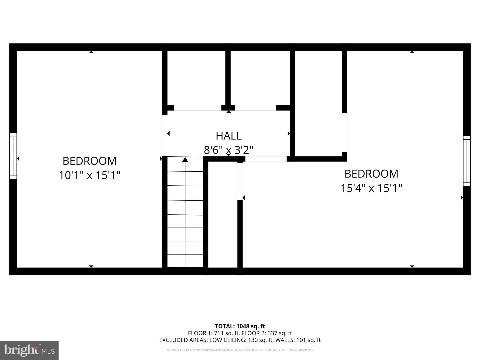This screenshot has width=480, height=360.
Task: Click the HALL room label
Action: [x=228, y=136]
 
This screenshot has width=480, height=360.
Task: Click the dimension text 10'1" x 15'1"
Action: [x=89, y=175]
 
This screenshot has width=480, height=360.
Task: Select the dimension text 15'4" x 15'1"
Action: [x=371, y=188]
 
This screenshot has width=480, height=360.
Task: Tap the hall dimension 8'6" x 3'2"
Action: [x=228, y=150]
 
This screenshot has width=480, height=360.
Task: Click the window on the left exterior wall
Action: [x=13, y=156]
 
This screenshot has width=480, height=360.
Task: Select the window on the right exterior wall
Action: [x=467, y=161]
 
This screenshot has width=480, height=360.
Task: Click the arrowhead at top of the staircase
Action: [x=185, y=160]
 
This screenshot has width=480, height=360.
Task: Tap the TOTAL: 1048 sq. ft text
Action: [x=240, y=326]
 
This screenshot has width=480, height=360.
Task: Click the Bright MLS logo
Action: [x=29, y=350]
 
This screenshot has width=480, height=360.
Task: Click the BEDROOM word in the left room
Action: [x=89, y=161]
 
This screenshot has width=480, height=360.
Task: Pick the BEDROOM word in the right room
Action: [x=371, y=174]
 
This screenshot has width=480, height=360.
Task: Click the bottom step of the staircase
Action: [x=185, y=261]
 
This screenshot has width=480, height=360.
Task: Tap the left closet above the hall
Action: [x=196, y=78]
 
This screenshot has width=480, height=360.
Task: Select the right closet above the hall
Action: [x=260, y=78]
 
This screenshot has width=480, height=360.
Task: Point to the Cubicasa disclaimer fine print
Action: [x=240, y=350]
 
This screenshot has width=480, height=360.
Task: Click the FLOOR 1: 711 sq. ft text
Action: [x=213, y=333]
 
